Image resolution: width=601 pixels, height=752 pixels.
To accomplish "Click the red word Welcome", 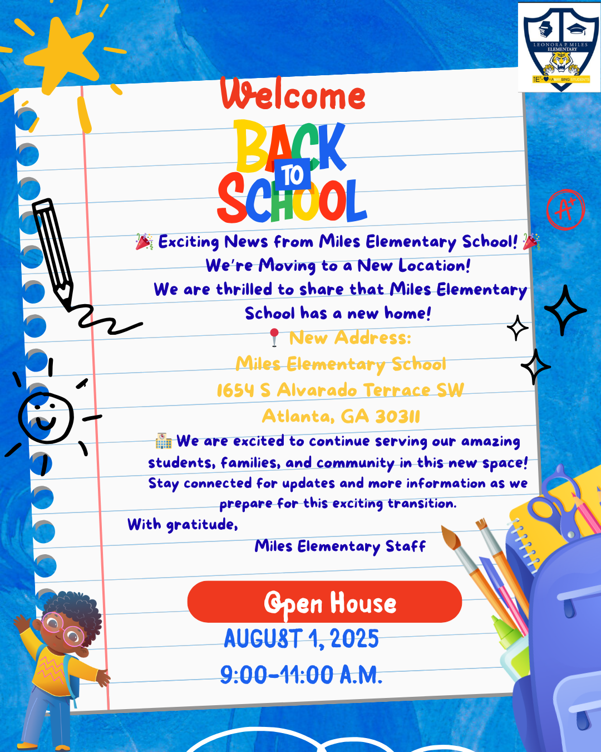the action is tap(293, 95).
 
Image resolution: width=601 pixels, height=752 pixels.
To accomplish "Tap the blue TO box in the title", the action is tap(292, 175).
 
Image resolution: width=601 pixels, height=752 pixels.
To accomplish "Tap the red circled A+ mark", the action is tap(565, 209).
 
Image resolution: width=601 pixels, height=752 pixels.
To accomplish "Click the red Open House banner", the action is tap(324, 602).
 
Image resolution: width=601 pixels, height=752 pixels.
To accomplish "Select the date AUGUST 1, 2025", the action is tap(301, 638).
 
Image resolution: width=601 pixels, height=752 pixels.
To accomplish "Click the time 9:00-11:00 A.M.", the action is tap(301, 675).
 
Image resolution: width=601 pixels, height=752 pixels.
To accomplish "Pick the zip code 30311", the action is tap(397, 416).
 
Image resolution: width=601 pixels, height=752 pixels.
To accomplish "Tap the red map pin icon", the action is tap(274, 337).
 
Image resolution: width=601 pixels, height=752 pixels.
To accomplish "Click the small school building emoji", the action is tap(164, 441).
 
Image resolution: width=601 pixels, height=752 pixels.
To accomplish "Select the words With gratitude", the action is tap(183, 525).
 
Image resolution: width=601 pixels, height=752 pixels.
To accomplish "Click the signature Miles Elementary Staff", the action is tap(340, 546).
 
